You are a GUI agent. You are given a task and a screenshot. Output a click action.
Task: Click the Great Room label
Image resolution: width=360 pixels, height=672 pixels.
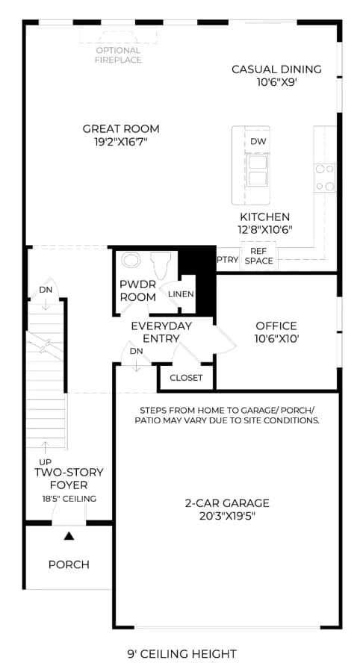[x=121, y=128]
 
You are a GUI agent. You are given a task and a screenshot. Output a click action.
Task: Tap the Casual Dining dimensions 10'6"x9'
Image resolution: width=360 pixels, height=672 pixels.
[x=277, y=82]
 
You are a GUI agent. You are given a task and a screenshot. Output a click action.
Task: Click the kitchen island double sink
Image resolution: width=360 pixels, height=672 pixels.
[x=258, y=170]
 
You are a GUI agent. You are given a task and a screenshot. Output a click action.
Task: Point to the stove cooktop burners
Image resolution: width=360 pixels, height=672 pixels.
[x=324, y=178]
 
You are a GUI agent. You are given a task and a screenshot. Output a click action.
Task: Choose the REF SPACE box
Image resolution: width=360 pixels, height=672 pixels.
[x=259, y=256]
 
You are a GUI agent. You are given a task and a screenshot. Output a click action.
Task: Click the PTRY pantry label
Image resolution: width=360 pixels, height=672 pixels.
[x=228, y=260]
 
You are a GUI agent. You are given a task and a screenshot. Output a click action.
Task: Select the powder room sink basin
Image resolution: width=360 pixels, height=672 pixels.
[x=129, y=261]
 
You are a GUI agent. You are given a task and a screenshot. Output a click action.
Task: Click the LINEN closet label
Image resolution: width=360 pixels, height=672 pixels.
[x=181, y=294]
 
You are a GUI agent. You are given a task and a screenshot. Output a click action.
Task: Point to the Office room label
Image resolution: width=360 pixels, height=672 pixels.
[x=276, y=326]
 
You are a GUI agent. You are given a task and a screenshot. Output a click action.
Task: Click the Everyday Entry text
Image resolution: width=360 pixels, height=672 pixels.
[x=161, y=332]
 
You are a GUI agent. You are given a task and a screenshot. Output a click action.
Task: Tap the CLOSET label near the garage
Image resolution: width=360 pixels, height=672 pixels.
[x=186, y=378]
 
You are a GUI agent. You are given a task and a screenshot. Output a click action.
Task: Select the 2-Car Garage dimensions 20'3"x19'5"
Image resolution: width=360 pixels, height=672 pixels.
[x=227, y=516]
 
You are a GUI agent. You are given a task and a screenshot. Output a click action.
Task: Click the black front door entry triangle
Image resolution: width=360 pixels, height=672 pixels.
[x=69, y=535]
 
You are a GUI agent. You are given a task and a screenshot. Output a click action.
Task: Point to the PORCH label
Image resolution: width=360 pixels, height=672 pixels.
[x=69, y=564]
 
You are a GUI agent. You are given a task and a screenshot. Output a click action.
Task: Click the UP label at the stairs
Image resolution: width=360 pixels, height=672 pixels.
[x=45, y=463]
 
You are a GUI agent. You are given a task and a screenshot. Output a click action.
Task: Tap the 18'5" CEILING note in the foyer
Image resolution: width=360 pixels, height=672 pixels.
[x=69, y=499]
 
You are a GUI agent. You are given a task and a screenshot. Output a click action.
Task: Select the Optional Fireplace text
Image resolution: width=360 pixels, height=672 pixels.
[x=118, y=55]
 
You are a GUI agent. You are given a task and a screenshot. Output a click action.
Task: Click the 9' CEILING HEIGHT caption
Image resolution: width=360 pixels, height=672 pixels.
[x=181, y=653]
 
